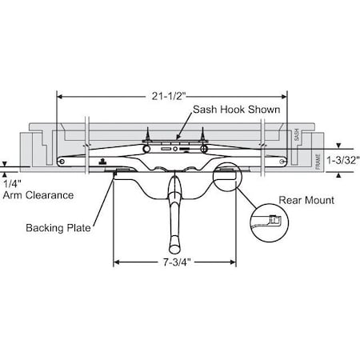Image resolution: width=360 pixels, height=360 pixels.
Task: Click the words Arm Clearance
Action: [39, 194]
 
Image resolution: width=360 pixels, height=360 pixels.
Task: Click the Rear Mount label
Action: [306, 199]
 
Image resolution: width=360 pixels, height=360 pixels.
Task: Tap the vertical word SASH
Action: [296, 134]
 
